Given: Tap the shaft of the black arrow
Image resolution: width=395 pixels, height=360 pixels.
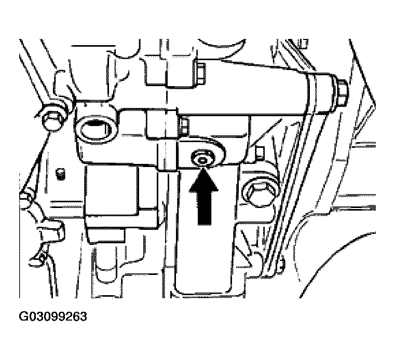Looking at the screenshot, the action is tap(205, 209).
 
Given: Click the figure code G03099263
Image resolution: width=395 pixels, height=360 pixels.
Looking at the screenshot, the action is tap(53, 316).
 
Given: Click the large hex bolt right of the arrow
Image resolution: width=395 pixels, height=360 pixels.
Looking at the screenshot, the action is tap(260, 192).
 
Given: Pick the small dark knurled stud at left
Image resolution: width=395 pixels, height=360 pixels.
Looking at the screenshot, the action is tap(60, 174).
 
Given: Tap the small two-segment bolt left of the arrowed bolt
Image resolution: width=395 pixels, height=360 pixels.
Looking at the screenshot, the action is tap(184, 127).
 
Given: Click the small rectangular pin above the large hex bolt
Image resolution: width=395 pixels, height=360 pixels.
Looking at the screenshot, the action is tap(260, 154).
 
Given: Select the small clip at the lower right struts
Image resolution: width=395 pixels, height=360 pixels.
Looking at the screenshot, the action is tap(281, 265).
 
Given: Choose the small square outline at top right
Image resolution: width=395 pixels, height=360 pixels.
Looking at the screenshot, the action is tap(304, 43).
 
